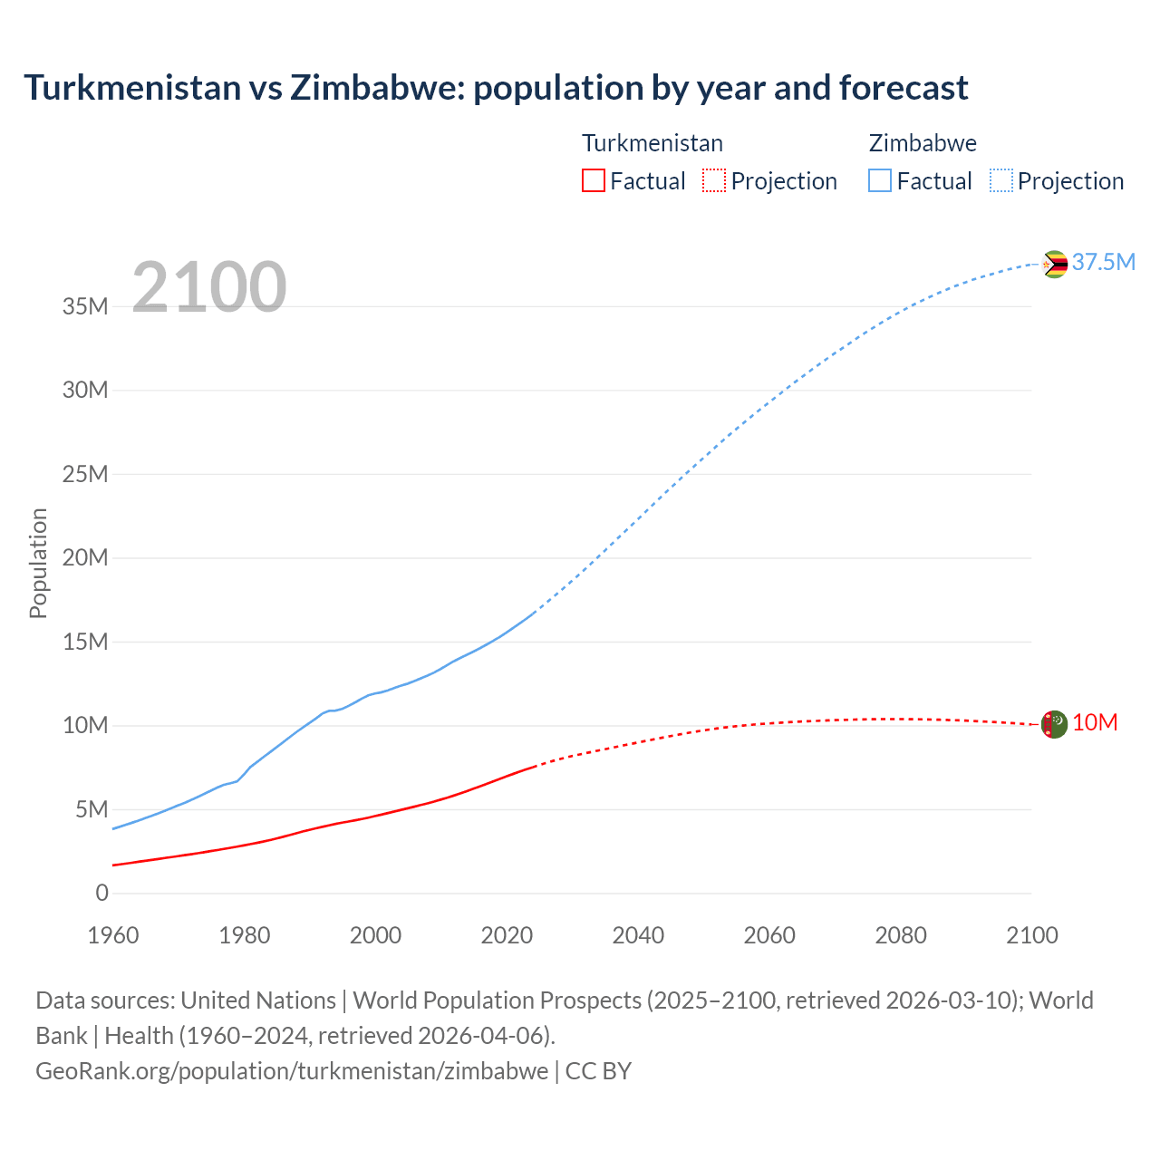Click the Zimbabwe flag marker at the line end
(1054, 264)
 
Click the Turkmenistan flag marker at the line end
(1054, 724)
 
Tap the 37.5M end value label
(1103, 263)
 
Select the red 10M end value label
(1095, 723)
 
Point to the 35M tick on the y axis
(85, 306)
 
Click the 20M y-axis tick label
(85, 558)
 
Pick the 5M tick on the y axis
(92, 809)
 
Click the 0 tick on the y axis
(101, 894)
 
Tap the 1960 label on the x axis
(113, 935)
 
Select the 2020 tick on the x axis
(507, 935)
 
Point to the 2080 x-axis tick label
(901, 935)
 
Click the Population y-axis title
(38, 563)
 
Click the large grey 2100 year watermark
(209, 287)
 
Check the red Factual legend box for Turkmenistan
(594, 180)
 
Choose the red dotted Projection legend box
(714, 180)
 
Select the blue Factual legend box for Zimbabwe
(880, 180)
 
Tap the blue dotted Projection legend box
(1001, 180)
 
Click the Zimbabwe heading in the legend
(923, 143)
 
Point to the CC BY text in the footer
(598, 1071)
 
